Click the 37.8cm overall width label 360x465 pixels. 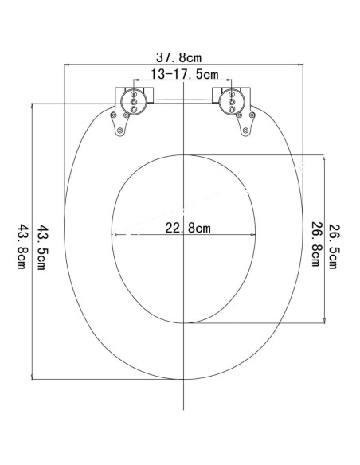coord(178,57)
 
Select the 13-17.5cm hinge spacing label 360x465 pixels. coord(185,74)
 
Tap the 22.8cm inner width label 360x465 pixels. coord(188,228)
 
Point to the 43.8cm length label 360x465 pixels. coord(22,247)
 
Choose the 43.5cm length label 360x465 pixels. coord(41,248)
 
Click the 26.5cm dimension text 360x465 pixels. coord(333,247)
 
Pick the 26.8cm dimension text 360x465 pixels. coord(315,244)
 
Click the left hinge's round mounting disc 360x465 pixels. coord(134,102)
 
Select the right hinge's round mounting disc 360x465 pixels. coord(232,102)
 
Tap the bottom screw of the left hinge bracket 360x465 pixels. coord(119,131)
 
